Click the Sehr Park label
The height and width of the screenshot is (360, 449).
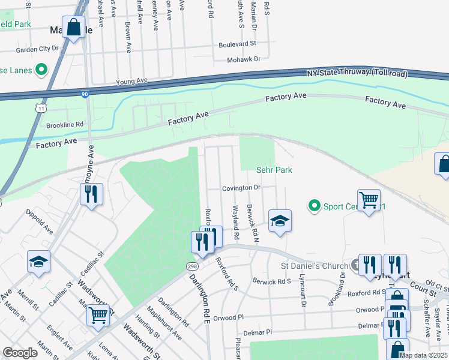[x=274, y=170]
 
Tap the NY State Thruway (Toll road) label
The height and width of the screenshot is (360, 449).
[x=357, y=74]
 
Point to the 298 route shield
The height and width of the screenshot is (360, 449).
[x=191, y=265]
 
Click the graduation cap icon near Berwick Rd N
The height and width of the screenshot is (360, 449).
[x=280, y=221]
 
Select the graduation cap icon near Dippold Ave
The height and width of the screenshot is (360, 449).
[x=38, y=262]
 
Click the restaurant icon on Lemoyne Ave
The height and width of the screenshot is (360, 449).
[x=92, y=194]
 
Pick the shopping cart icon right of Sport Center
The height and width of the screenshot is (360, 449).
[x=369, y=200]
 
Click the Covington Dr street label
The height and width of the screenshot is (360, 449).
[x=241, y=188]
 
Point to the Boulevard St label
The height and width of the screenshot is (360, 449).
[x=237, y=44]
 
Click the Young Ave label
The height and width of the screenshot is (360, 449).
[x=131, y=80]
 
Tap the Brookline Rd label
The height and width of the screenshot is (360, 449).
[x=65, y=125]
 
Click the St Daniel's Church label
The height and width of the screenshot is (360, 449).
[x=315, y=266]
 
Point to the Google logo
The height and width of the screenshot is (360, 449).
[x=20, y=353]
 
